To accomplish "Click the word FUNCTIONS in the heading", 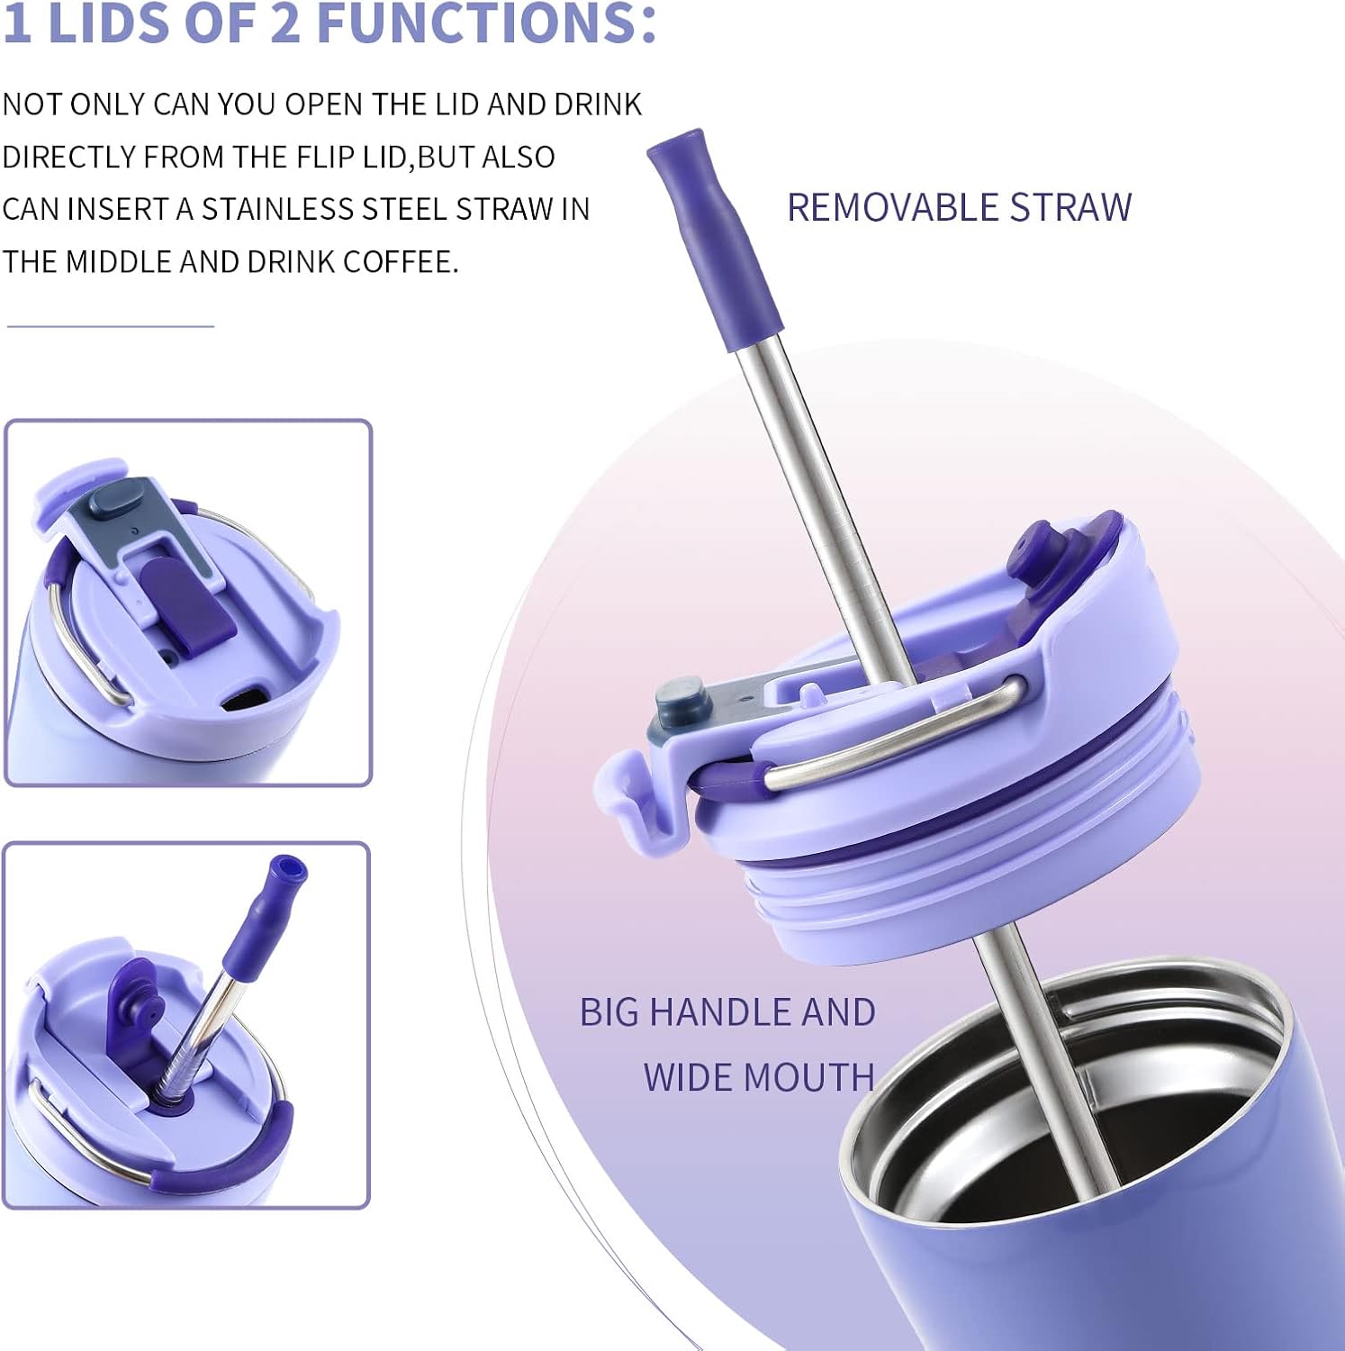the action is point(486,23).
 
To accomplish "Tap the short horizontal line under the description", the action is point(110,325).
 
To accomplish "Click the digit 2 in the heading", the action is point(284,23).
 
